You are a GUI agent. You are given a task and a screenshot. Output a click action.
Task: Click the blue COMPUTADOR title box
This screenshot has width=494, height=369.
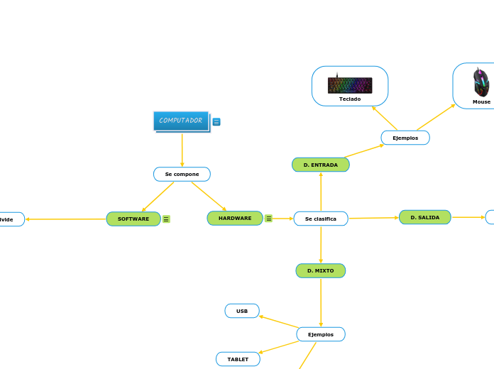pos(181,121)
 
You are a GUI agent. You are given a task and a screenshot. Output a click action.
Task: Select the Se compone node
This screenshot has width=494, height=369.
pos(182,174)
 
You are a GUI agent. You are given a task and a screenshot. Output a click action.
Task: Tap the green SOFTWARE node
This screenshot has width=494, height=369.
pos(133,219)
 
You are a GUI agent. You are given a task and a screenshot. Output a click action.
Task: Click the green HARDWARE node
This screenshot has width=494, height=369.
pos(235,219)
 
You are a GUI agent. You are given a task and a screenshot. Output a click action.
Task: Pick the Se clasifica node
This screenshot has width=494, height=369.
pos(321,219)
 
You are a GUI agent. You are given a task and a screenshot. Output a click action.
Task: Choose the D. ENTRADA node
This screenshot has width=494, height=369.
pos(320,165)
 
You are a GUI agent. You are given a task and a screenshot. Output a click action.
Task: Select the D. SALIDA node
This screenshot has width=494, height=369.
pos(424,217)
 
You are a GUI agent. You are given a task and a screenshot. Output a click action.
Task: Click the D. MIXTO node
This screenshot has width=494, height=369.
pos(320,270)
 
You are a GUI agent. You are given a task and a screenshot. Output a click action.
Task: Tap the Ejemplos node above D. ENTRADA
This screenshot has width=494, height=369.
pos(405,138)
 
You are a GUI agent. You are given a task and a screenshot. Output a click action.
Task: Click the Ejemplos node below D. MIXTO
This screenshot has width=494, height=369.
pos(320,334)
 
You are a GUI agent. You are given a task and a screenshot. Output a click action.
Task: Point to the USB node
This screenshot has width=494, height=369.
pos(242,311)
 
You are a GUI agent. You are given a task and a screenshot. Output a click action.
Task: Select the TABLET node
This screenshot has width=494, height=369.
pos(238,359)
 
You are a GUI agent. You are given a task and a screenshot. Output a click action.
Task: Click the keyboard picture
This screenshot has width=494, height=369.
pos(350,84)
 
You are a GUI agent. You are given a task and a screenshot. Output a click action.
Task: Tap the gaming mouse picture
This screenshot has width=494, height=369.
pos(481,82)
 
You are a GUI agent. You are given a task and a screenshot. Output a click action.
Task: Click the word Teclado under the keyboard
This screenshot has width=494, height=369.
pos(350,99)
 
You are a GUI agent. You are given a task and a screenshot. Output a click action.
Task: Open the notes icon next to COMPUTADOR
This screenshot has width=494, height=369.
pos(216,121)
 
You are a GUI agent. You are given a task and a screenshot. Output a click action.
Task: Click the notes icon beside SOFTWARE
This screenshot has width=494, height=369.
pos(166,219)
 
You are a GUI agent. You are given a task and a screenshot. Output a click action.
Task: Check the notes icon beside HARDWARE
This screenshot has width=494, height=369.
pos(268,219)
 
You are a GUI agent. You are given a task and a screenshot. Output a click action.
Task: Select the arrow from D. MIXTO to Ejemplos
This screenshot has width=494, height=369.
pos(321,302)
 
